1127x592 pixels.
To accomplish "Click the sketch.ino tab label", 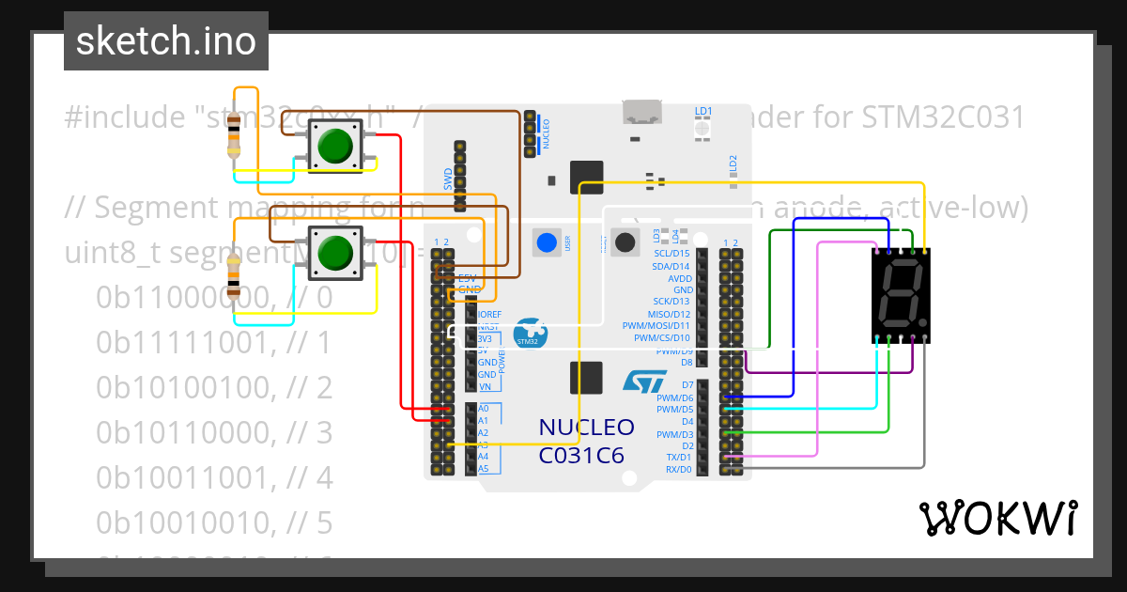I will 166,41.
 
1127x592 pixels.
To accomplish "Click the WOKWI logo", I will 997,518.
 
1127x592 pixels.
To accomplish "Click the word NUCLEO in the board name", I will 586,428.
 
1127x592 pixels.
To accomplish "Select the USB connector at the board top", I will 643,113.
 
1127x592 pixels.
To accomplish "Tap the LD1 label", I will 702,111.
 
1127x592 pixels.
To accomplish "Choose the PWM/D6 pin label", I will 674,397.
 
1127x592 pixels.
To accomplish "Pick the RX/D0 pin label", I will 678,468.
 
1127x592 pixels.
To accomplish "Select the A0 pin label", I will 483,409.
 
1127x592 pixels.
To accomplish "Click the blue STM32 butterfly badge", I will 531,334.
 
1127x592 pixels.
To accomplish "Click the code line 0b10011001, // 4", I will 213,477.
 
